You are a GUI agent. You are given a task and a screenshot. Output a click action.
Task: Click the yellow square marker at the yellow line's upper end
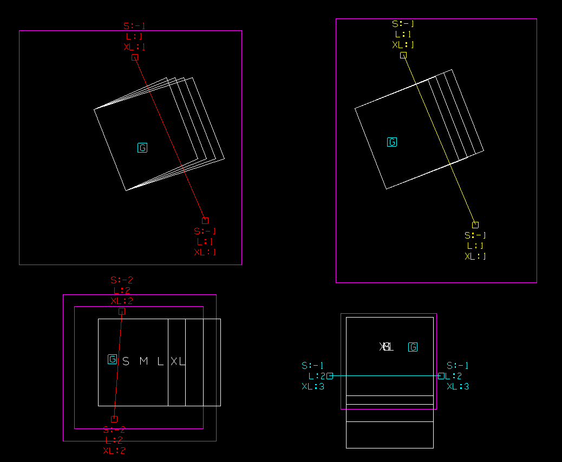(x=403, y=55)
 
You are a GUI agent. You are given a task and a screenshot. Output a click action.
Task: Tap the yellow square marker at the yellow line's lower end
(x=475, y=225)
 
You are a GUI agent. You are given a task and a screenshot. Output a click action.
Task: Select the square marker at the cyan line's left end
(x=330, y=376)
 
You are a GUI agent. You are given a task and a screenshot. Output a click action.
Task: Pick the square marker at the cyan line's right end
(x=441, y=376)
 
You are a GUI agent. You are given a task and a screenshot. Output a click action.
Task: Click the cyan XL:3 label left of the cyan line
(x=313, y=386)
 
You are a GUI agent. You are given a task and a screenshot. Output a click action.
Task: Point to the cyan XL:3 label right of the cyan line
(x=458, y=386)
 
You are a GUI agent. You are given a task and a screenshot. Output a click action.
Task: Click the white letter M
(x=143, y=361)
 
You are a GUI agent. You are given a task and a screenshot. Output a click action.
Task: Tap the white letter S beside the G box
(x=126, y=361)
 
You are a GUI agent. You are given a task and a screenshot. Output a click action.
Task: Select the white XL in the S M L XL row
(x=178, y=361)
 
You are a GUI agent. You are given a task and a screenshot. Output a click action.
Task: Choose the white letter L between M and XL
(x=160, y=361)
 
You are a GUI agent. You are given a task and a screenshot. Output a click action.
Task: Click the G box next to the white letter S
(x=113, y=359)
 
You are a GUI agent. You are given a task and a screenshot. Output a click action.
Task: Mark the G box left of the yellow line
(x=392, y=142)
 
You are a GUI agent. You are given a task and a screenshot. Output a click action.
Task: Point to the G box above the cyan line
(x=413, y=347)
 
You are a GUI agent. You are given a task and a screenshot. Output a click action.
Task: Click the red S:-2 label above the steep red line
(x=122, y=280)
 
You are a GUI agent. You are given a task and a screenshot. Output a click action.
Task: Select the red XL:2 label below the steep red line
(x=114, y=451)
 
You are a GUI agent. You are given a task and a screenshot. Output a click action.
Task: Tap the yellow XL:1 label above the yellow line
(x=403, y=45)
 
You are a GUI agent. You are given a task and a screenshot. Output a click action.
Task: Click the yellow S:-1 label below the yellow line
(x=475, y=235)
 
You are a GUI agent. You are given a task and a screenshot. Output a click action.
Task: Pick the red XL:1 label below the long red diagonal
(x=205, y=252)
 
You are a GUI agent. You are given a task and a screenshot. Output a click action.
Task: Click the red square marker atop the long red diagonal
(x=135, y=57)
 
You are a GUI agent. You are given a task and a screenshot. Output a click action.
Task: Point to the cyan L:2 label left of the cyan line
(x=317, y=376)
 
